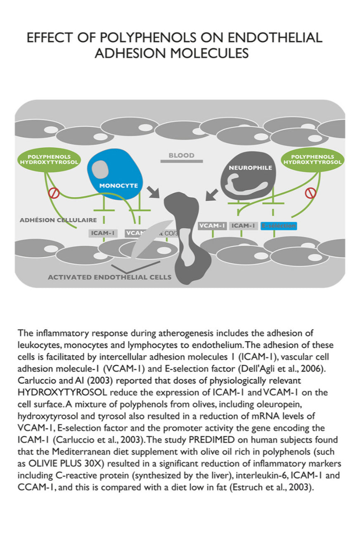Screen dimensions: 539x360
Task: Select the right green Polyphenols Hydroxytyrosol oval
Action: (312, 159)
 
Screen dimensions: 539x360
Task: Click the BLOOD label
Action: (181, 156)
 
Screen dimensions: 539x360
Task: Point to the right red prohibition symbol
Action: (310, 192)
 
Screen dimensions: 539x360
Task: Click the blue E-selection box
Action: (279, 226)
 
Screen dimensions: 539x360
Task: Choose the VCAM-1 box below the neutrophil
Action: (212, 226)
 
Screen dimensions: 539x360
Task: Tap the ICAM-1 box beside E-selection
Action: (244, 226)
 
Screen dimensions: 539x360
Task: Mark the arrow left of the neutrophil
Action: (212, 194)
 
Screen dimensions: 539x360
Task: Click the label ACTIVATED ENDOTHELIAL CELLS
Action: (109, 277)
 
